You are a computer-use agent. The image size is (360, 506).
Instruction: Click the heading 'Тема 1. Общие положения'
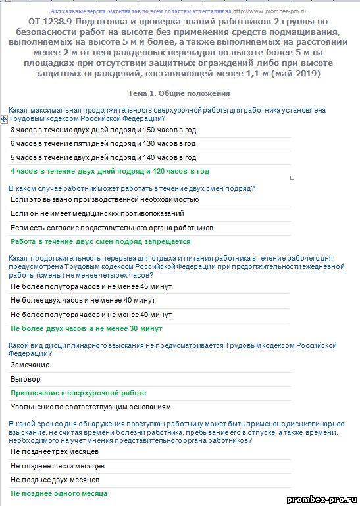pyautogui.click(x=180, y=93)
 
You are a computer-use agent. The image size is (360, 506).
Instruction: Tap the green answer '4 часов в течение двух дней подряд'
pyautogui.click(x=110, y=171)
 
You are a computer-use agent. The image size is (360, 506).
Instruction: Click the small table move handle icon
pyautogui.click(x=4, y=119)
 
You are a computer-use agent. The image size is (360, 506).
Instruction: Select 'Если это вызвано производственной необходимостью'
pyautogui.click(x=105, y=199)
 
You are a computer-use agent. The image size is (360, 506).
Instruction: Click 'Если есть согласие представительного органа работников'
pyautogui.click(x=112, y=228)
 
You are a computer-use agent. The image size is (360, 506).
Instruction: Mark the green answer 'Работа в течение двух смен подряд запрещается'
pyautogui.click(x=101, y=241)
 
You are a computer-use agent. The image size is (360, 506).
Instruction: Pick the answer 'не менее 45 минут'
pyautogui.click(x=91, y=287)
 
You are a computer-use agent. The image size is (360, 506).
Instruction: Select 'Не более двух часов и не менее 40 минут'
pyautogui.click(x=83, y=301)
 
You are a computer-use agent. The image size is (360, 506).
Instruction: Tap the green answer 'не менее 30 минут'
pyautogui.click(x=86, y=328)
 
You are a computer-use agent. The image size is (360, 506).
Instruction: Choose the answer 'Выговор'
pyautogui.click(x=26, y=379)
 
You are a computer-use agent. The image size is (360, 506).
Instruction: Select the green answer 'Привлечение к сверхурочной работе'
pyautogui.click(x=78, y=393)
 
